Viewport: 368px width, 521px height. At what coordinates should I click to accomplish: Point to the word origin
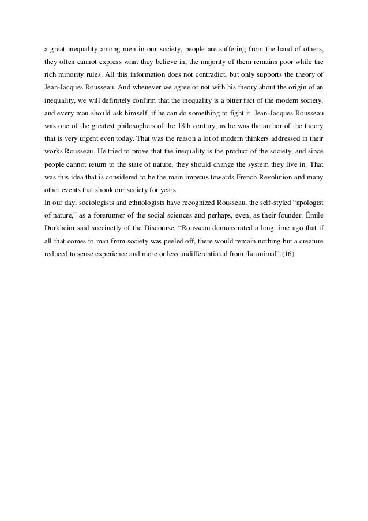(298, 87)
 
